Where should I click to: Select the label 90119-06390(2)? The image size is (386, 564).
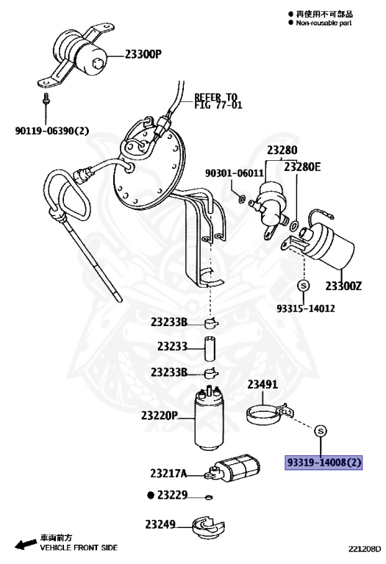tap(51, 131)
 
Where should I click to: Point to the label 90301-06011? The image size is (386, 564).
tap(234, 173)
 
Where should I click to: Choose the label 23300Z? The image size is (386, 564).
tap(345, 285)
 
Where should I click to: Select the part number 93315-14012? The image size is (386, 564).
tap(306, 308)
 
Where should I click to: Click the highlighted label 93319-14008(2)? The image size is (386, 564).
tap(324, 463)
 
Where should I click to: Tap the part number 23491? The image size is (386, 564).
tap(262, 384)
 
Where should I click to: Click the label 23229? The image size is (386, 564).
tap(167, 496)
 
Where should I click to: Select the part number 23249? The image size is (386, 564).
tap(162, 524)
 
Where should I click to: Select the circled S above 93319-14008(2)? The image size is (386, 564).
tap(321, 430)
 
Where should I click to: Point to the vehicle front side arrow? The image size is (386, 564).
tap(25, 544)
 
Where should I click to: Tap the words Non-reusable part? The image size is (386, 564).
tap(324, 23)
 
